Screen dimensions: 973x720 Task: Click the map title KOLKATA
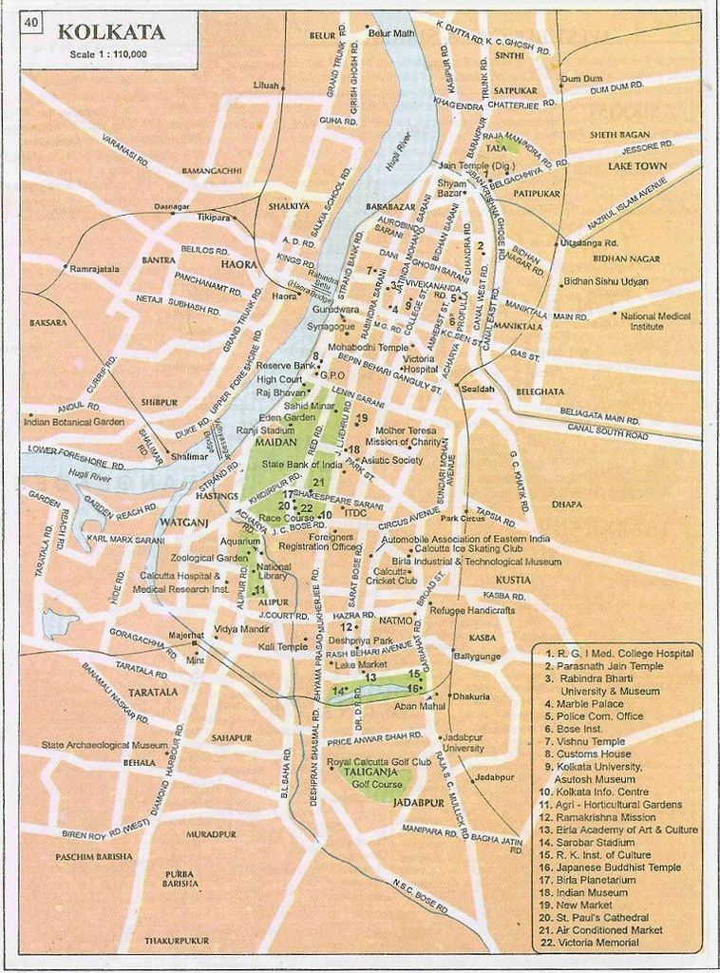(x=111, y=32)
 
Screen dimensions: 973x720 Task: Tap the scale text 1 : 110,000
(x=107, y=55)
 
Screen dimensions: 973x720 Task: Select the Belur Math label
(x=391, y=33)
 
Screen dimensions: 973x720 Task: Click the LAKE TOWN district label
(x=637, y=166)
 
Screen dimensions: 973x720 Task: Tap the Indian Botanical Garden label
(x=74, y=421)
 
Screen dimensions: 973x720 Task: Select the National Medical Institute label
(x=655, y=320)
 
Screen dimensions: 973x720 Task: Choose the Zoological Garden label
(x=209, y=558)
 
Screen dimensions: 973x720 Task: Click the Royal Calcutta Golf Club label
(x=378, y=762)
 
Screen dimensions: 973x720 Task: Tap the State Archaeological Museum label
(x=104, y=745)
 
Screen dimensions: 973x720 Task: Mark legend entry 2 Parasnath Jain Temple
(x=603, y=666)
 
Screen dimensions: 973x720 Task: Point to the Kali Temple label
(x=283, y=646)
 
